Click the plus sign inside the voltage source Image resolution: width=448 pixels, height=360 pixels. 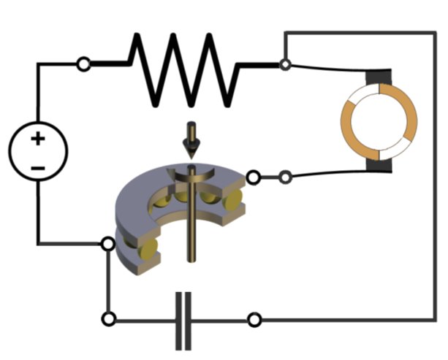(x=37, y=138)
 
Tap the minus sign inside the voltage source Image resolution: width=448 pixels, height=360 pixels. (x=38, y=169)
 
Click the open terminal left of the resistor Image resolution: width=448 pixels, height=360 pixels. (x=84, y=65)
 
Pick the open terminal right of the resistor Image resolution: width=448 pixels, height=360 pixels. (x=284, y=64)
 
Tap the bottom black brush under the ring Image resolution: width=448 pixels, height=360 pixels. (x=380, y=167)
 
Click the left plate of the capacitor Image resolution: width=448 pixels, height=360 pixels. (x=179, y=321)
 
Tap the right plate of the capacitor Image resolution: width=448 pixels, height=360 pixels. (x=189, y=321)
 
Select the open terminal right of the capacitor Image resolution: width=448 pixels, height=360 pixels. (x=254, y=320)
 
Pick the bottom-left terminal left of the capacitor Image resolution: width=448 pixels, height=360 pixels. (x=109, y=319)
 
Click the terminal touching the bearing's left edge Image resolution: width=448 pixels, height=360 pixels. (x=108, y=243)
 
